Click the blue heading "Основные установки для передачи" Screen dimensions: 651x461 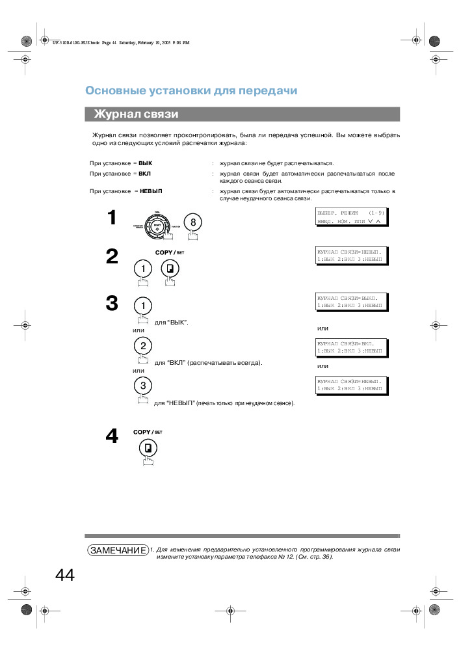click(x=192, y=90)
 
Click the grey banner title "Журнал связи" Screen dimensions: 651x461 click(x=136, y=114)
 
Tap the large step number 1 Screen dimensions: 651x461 click(x=112, y=217)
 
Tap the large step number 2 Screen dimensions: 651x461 click(x=112, y=257)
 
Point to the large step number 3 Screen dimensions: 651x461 click(x=112, y=303)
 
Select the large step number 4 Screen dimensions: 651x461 click(x=112, y=436)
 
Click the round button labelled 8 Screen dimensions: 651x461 click(x=192, y=222)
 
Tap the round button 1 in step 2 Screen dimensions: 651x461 click(x=142, y=269)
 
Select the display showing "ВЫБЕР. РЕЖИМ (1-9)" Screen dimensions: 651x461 click(x=351, y=217)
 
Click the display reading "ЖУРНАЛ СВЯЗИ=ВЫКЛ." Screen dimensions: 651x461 click(x=351, y=301)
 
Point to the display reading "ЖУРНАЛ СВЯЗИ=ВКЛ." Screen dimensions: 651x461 click(x=351, y=347)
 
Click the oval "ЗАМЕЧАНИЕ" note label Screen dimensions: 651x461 click(x=118, y=550)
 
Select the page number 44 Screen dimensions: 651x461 click(x=65, y=576)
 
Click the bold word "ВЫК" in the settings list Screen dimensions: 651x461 click(x=145, y=163)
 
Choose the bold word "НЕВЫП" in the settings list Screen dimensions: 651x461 click(x=151, y=191)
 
